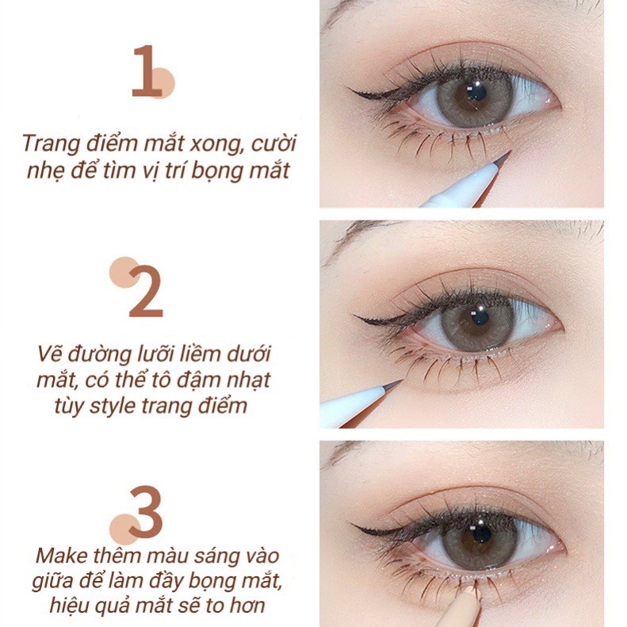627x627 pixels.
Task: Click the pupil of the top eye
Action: click(476, 94)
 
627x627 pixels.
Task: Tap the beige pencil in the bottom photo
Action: click(460, 610)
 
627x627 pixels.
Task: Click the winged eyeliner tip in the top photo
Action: click(354, 94)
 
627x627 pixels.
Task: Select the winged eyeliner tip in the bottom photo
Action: click(354, 527)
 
